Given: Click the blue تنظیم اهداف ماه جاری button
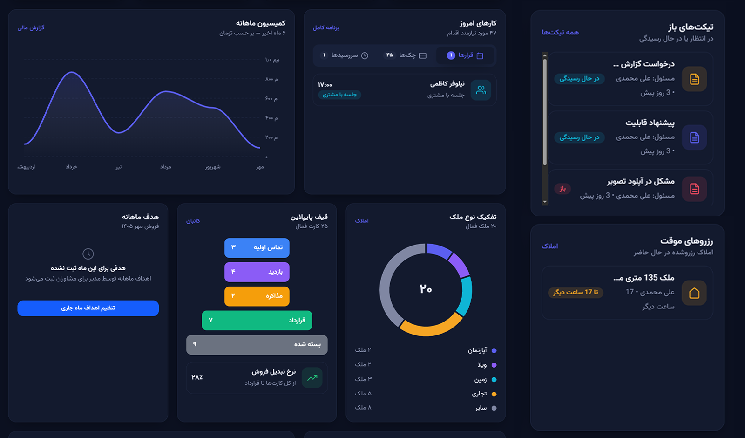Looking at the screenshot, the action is (x=88, y=308).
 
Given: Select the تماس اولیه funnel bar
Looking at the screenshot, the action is (x=257, y=247).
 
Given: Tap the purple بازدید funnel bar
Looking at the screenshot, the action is (x=257, y=272).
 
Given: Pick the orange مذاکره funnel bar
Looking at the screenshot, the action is (x=257, y=296).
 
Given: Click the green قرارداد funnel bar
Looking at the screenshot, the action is (x=257, y=321).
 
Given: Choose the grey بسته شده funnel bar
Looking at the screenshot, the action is (x=257, y=345).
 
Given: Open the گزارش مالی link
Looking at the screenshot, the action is (x=31, y=27).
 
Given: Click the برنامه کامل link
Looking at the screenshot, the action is (x=326, y=27).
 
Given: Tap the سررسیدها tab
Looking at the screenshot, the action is (x=344, y=55).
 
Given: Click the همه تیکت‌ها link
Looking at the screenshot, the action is (x=560, y=32).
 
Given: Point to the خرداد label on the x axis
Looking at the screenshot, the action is (x=71, y=167).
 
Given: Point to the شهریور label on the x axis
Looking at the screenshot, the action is (x=213, y=167).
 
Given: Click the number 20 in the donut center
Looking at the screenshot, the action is (x=426, y=288).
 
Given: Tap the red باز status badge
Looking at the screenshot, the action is (x=562, y=189).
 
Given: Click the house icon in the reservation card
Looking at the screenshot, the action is (x=694, y=293).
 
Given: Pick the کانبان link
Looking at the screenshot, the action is (x=193, y=221).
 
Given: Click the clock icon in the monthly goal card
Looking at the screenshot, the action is (x=88, y=254).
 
